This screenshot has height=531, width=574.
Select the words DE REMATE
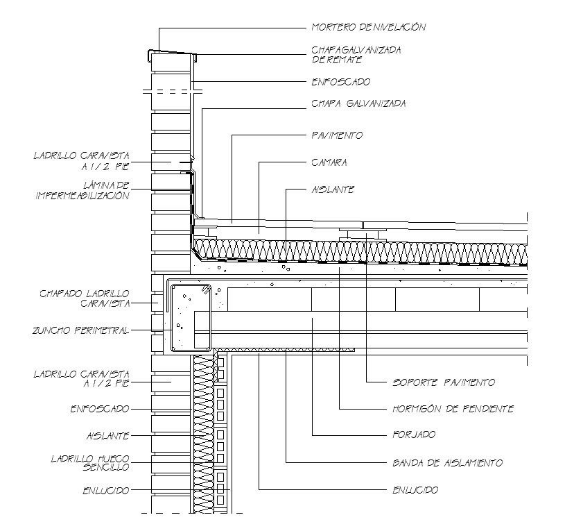(336, 60)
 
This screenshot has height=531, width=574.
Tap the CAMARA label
(329, 162)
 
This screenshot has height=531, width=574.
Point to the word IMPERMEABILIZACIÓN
(82, 196)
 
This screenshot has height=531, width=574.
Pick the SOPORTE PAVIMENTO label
(444, 382)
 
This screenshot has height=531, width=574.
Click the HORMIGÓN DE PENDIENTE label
(453, 409)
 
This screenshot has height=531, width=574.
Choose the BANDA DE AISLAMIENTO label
(447, 463)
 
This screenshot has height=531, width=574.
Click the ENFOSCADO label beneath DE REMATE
(341, 82)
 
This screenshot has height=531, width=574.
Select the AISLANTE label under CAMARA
(333, 189)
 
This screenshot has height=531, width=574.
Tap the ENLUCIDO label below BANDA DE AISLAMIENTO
(415, 490)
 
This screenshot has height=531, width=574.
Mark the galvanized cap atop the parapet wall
(172, 54)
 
